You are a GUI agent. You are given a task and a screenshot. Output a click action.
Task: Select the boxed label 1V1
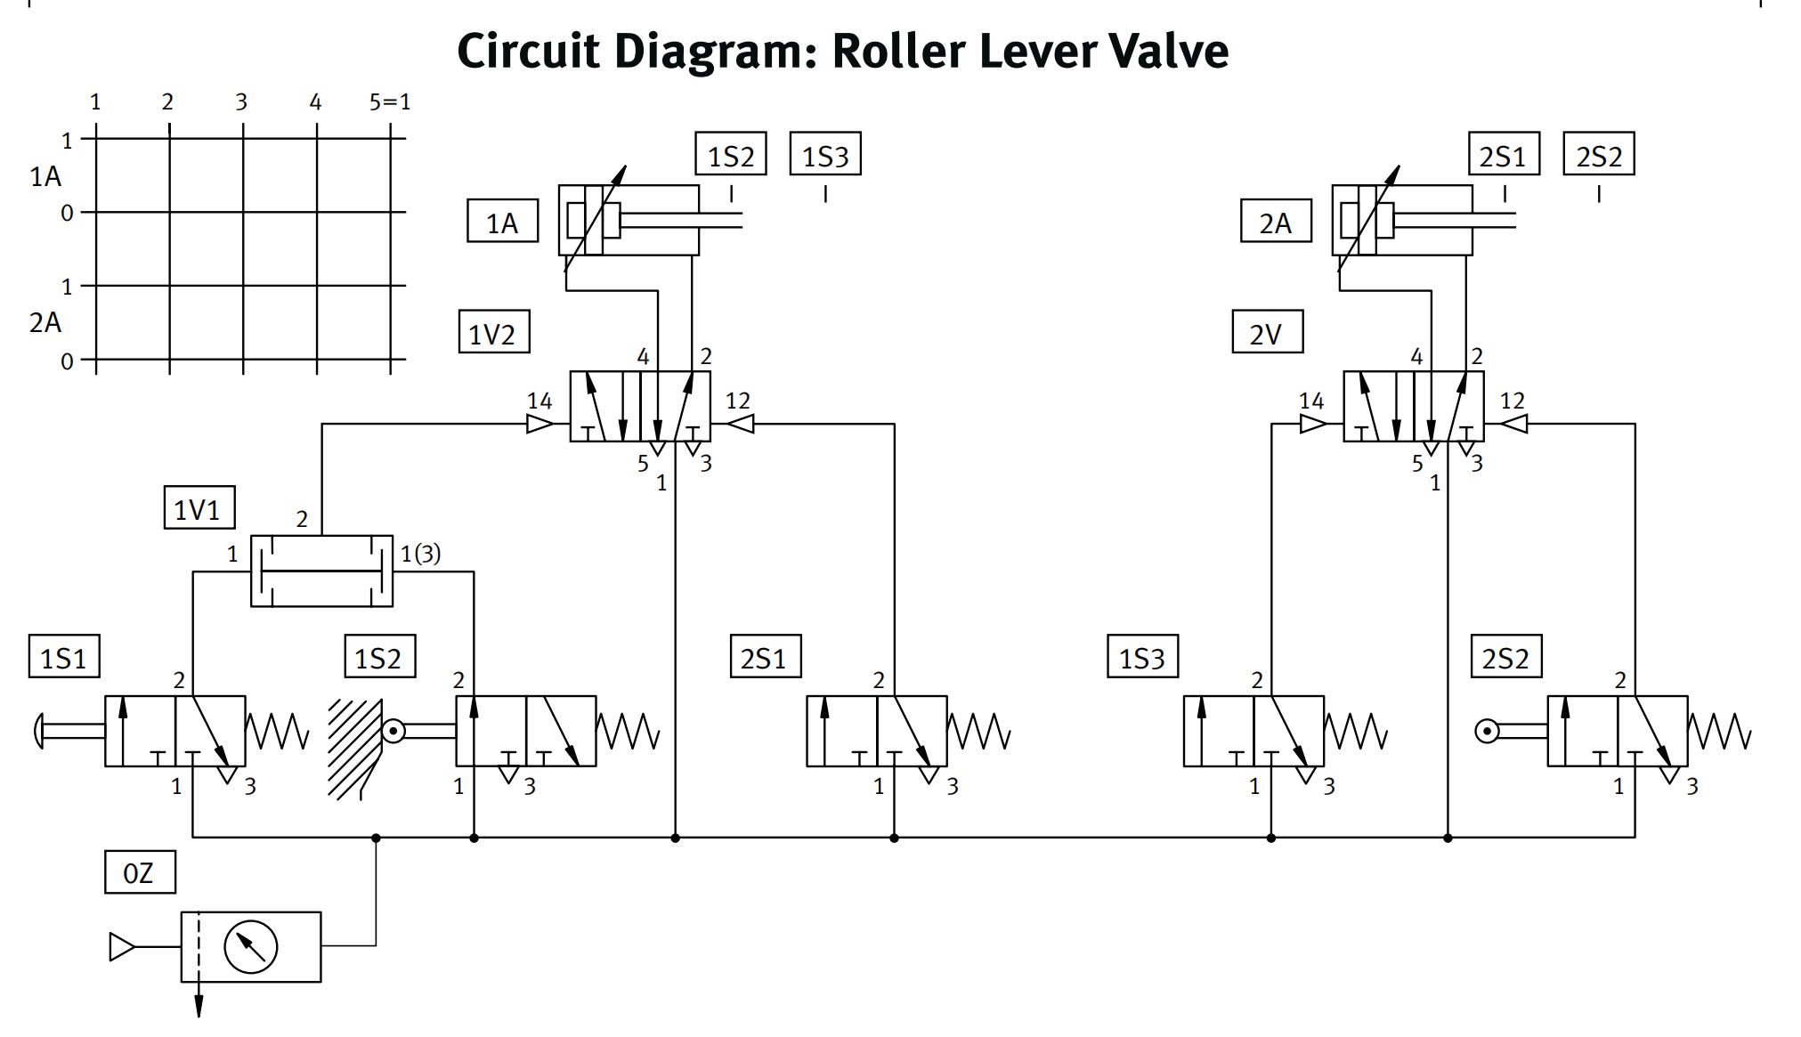tap(199, 508)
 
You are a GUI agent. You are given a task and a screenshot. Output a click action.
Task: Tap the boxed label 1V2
tap(494, 333)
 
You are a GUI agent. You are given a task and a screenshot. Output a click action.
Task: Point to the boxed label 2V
tap(1267, 333)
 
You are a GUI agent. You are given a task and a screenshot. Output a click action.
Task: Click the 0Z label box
tap(140, 872)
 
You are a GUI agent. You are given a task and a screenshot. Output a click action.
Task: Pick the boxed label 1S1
tap(64, 657)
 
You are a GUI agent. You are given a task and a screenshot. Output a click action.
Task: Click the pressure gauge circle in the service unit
tap(251, 947)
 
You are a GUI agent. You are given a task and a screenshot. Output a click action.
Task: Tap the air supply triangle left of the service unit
tap(121, 947)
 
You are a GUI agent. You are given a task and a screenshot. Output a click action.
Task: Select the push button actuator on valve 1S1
tap(40, 731)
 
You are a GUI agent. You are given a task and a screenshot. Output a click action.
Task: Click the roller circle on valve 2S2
tap(1487, 732)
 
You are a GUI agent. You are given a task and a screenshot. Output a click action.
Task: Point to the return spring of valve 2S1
tap(979, 731)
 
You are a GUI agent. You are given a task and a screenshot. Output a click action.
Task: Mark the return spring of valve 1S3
tap(1356, 731)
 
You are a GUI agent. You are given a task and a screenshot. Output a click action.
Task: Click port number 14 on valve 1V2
tap(539, 401)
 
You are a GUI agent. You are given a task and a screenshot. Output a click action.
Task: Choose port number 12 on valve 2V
tap(1512, 401)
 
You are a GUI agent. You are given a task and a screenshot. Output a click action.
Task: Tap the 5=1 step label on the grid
tap(390, 102)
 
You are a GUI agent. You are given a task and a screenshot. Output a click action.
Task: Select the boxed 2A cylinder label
tap(1276, 222)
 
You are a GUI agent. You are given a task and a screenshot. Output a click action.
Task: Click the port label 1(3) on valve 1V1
tap(421, 554)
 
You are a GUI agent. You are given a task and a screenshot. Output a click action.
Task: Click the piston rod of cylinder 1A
tap(681, 220)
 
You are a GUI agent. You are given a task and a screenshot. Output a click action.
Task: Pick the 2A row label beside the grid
tap(45, 322)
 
